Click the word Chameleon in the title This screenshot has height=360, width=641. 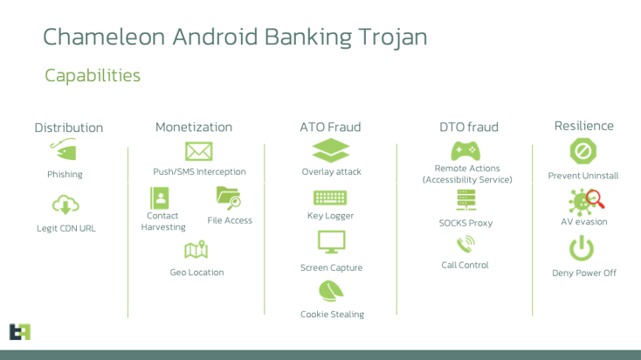pyautogui.click(x=104, y=37)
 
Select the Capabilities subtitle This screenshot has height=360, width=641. pyautogui.click(x=93, y=76)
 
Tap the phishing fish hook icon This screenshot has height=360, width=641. pyautogui.click(x=64, y=149)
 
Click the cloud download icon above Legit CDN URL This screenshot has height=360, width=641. pyautogui.click(x=65, y=205)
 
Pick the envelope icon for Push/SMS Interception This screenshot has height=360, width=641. pyautogui.click(x=199, y=151)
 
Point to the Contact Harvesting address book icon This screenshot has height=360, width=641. pyautogui.click(x=160, y=198)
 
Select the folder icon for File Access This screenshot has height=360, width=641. pyautogui.click(x=229, y=198)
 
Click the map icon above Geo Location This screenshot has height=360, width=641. pyautogui.click(x=196, y=250)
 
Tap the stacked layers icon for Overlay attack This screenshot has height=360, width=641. pyautogui.click(x=331, y=150)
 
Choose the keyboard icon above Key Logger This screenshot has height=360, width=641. pyautogui.click(x=330, y=197)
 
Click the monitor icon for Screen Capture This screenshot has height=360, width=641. pyautogui.click(x=332, y=242)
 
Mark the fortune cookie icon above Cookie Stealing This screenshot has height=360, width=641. pyautogui.click(x=331, y=291)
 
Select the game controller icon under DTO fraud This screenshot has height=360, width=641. pyautogui.click(x=465, y=150)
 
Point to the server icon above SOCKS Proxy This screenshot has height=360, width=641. pyautogui.click(x=466, y=200)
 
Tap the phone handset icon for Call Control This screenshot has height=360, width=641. pyautogui.click(x=465, y=245)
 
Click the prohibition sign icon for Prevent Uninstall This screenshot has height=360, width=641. pyautogui.click(x=583, y=151)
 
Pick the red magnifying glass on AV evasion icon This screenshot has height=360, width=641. pyautogui.click(x=595, y=199)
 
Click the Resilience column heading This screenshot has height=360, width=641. pyautogui.click(x=583, y=126)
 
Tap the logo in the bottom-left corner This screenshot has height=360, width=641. pyautogui.click(x=20, y=332)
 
